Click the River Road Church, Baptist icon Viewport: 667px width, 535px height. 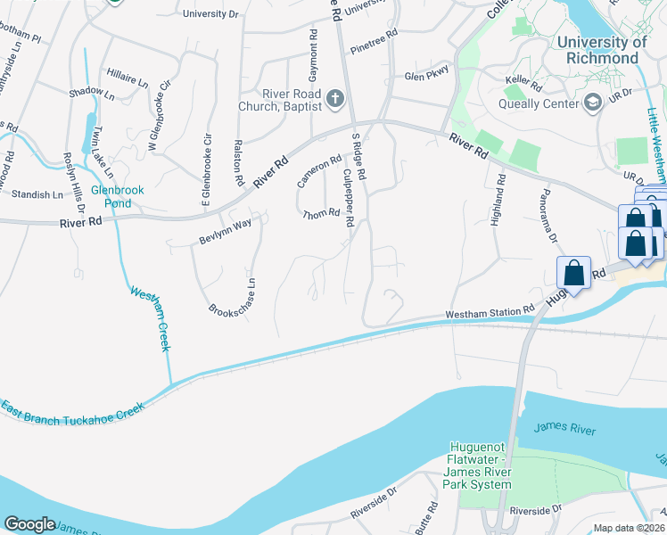tap(335, 97)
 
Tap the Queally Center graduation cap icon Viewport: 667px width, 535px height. tap(591, 104)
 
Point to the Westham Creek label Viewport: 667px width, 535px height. tap(150, 318)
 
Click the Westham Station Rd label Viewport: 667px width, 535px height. tap(489, 313)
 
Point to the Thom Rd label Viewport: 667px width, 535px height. tap(321, 214)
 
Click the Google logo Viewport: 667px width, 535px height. tap(29, 524)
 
